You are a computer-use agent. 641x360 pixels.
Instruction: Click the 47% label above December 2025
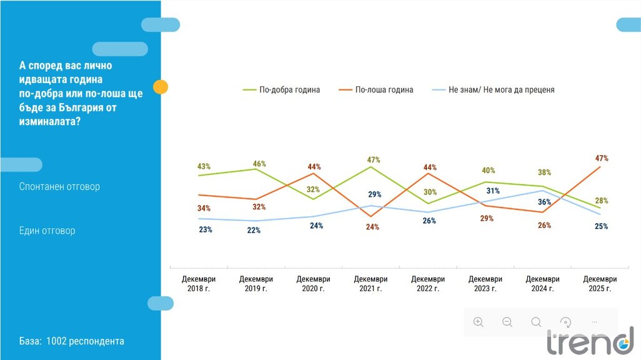pyautogui.click(x=602, y=158)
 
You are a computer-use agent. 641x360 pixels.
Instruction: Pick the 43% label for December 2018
pyautogui.click(x=204, y=167)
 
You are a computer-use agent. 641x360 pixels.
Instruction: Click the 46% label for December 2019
pyautogui.click(x=259, y=164)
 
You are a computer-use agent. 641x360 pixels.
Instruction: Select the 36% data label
pyautogui.click(x=544, y=202)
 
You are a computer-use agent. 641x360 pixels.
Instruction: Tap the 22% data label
pyautogui.click(x=254, y=230)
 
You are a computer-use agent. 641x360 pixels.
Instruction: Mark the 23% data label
pyautogui.click(x=206, y=229)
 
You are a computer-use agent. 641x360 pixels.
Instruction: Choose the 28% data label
pyautogui.click(x=602, y=201)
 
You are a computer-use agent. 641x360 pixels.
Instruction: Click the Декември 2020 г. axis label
pyautogui.click(x=313, y=284)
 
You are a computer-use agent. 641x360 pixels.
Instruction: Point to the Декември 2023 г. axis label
pyautogui.click(x=485, y=284)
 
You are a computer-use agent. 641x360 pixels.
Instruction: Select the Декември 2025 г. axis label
pyautogui.click(x=600, y=284)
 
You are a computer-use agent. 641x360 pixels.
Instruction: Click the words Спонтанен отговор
pyautogui.click(x=59, y=186)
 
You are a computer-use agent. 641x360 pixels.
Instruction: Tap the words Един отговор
pyautogui.click(x=47, y=231)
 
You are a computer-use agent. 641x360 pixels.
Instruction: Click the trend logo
pyautogui.click(x=590, y=341)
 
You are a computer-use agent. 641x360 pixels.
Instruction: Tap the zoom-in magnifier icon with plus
pyautogui.click(x=479, y=322)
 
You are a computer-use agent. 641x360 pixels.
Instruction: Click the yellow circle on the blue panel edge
pyautogui.click(x=161, y=87)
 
